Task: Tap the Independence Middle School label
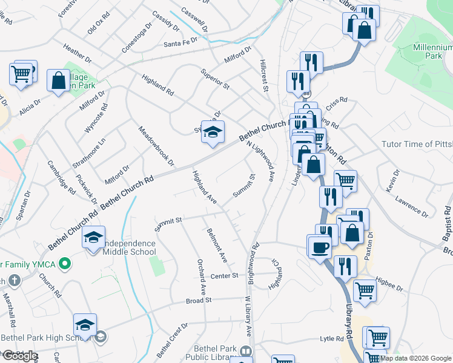128,247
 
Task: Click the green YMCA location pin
68,264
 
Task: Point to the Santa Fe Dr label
182,44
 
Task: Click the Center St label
226,276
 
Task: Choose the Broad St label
199,300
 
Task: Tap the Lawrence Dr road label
411,206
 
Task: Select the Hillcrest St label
264,76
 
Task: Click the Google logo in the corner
20,356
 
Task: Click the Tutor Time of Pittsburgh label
417,144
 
